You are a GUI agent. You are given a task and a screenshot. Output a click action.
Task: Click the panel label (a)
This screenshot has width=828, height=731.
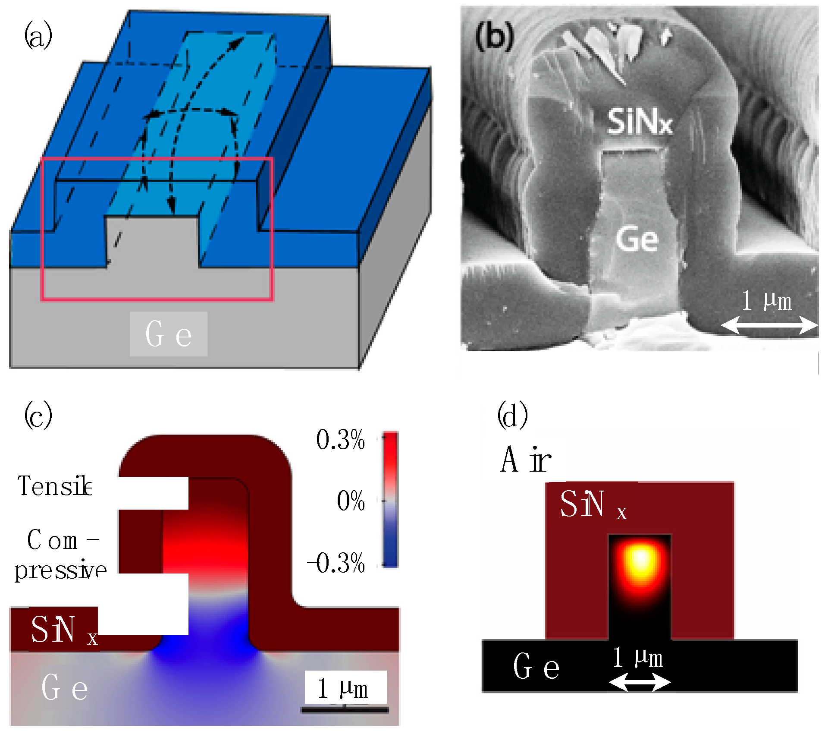(38, 36)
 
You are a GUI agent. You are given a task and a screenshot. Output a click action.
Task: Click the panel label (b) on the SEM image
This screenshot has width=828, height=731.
(495, 36)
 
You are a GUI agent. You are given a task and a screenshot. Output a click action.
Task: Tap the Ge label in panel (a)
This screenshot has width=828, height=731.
(168, 334)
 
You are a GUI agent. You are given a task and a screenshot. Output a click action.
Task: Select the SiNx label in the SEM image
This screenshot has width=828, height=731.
(640, 122)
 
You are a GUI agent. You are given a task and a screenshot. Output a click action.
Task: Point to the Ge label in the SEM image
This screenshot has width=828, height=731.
(637, 239)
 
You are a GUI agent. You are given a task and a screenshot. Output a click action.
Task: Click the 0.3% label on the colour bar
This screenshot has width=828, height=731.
(340, 440)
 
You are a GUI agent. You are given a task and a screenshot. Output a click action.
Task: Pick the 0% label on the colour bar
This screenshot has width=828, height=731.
(351, 501)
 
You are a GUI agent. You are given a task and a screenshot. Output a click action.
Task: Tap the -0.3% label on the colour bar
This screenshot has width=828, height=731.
(336, 563)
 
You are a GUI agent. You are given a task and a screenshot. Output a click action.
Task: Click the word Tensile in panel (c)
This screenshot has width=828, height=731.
(55, 486)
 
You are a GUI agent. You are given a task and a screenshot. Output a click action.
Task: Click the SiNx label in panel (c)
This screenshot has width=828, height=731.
(64, 630)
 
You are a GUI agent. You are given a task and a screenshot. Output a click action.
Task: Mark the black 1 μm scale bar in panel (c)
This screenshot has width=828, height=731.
(345, 709)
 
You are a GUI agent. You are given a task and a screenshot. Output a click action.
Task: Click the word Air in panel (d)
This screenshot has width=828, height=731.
(526, 460)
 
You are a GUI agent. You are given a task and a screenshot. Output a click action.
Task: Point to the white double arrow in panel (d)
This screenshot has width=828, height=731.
(640, 682)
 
